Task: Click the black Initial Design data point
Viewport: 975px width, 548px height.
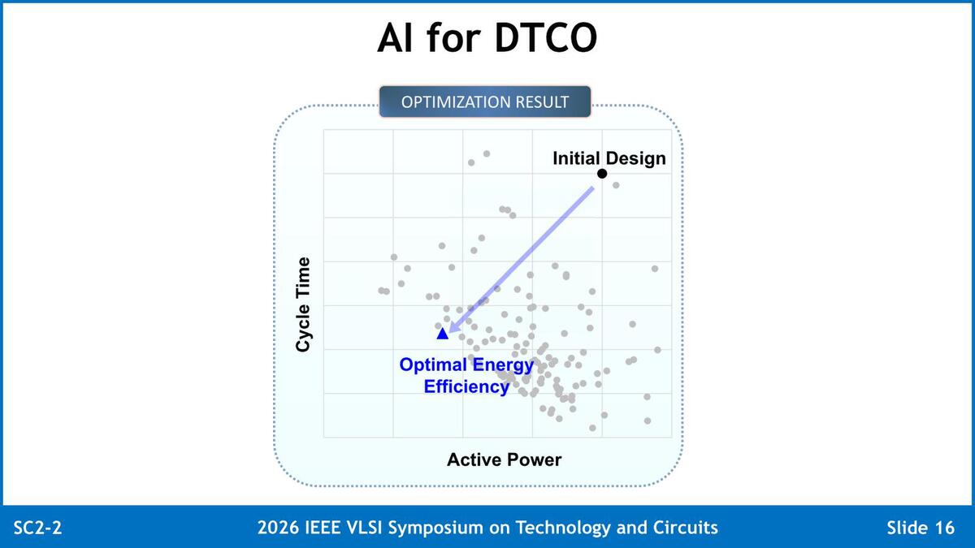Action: tap(602, 174)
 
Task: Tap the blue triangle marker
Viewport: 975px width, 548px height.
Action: tap(442, 334)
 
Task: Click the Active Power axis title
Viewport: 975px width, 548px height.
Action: tap(504, 460)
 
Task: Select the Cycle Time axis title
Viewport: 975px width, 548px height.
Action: tap(303, 304)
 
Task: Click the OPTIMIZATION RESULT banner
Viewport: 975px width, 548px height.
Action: tap(485, 101)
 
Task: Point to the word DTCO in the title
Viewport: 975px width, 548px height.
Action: tap(546, 38)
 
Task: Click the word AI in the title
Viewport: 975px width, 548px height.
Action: tap(394, 38)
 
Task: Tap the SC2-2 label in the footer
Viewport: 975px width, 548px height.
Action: tap(38, 528)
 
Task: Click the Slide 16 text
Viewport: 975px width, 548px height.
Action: tap(921, 528)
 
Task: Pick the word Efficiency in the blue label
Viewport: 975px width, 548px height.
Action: tap(466, 386)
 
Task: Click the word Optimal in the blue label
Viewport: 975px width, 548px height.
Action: tap(433, 365)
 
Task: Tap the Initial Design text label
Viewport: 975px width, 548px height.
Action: tap(609, 158)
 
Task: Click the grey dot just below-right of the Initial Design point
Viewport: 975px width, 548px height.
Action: tap(616, 185)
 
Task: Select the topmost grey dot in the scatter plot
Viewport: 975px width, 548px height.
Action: tap(487, 153)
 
